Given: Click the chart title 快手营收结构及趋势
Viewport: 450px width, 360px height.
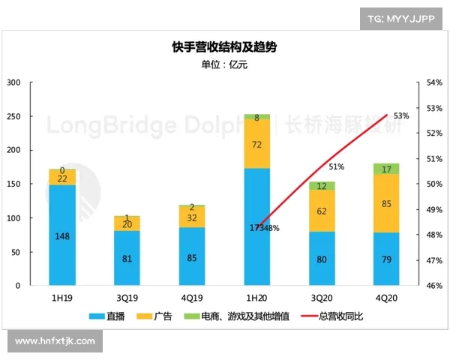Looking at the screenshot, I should pyautogui.click(x=223, y=48).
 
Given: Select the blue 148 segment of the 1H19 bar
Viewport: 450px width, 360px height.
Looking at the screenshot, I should pyautogui.click(x=62, y=236).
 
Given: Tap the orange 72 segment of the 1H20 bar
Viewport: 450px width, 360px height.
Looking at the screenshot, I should pyautogui.click(x=257, y=144).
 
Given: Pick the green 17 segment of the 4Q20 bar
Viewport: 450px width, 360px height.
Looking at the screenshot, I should pyautogui.click(x=386, y=169).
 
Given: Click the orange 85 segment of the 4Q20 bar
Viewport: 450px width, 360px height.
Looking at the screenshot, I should pyautogui.click(x=386, y=203).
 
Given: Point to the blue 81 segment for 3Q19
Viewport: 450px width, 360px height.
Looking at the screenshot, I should pyautogui.click(x=127, y=259).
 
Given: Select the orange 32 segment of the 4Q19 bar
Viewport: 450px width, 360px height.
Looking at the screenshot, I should pyautogui.click(x=192, y=218).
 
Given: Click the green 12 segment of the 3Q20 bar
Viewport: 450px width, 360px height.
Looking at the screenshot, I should pyautogui.click(x=321, y=185).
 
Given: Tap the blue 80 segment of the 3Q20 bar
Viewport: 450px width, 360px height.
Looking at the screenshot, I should pyautogui.click(x=321, y=259).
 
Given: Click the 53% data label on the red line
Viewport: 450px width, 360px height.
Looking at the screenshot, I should pyautogui.click(x=400, y=115).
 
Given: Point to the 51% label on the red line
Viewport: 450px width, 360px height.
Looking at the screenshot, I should pyautogui.click(x=336, y=166).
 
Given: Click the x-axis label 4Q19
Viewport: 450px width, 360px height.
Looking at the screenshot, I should pyautogui.click(x=192, y=297).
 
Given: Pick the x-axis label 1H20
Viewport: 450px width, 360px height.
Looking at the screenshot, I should pyautogui.click(x=256, y=297).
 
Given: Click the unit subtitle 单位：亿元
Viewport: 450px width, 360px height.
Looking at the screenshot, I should pyautogui.click(x=223, y=64).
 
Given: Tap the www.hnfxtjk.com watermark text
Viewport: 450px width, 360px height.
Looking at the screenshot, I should pyautogui.click(x=55, y=341).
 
